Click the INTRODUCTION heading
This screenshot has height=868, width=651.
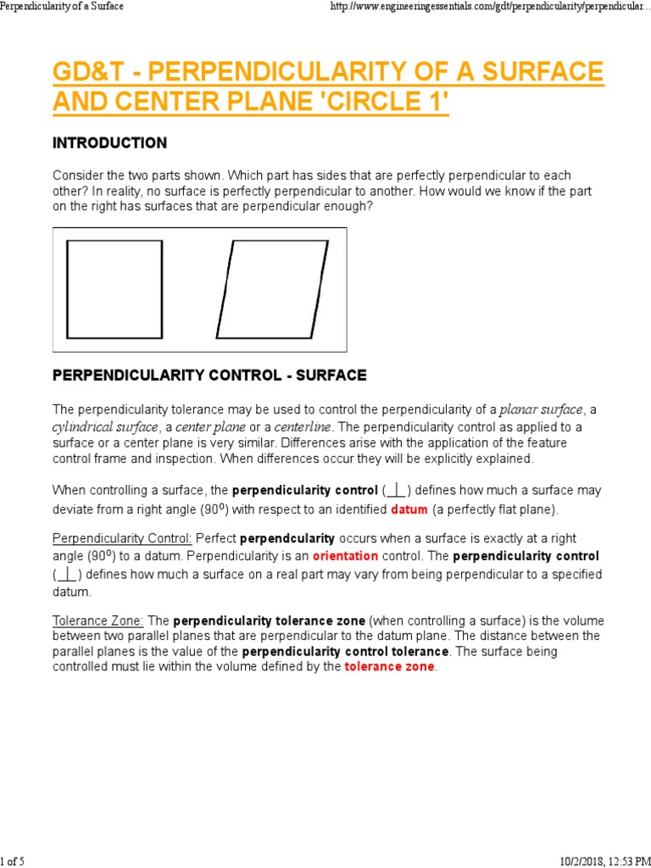[109, 142]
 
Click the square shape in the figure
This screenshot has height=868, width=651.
[114, 289]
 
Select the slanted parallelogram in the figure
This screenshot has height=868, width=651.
[271, 289]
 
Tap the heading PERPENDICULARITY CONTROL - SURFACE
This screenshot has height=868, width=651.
[209, 375]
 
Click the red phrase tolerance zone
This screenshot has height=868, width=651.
[389, 666]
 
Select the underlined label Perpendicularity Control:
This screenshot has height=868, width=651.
[122, 538]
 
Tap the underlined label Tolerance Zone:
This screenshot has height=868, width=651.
[98, 620]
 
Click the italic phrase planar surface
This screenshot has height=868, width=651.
[542, 410]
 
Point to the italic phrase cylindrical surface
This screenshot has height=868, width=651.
[105, 426]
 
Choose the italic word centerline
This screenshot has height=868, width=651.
[303, 426]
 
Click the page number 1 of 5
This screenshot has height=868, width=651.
[13, 861]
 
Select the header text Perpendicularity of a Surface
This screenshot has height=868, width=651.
[62, 7]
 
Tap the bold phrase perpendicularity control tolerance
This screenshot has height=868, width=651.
[345, 652]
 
